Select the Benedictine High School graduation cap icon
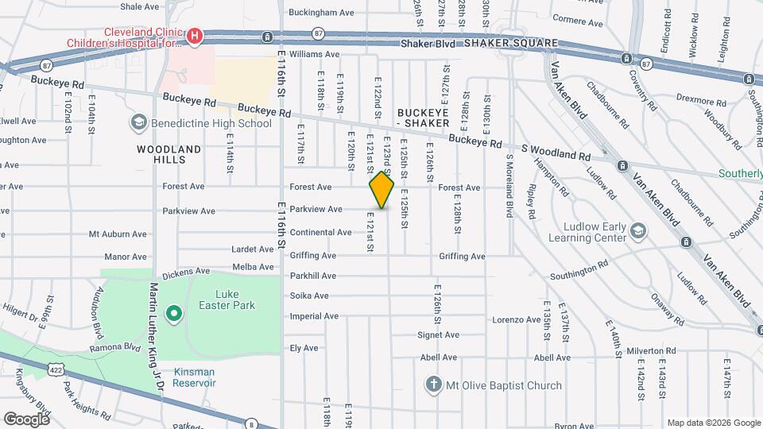[138, 123]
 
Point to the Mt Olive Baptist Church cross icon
[433, 385]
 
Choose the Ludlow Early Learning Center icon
[637, 231]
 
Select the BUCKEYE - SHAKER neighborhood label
[424, 118]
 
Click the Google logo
[25, 419]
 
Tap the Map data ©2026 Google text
[713, 423]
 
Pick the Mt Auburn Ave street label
[118, 234]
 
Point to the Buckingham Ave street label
[321, 13]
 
